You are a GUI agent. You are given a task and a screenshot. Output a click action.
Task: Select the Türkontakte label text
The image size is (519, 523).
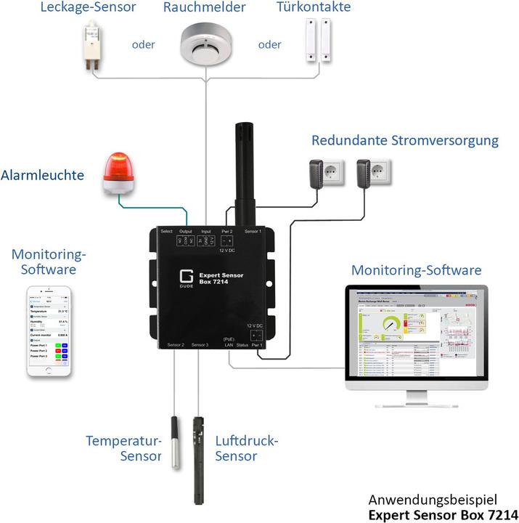pyautogui.click(x=314, y=8)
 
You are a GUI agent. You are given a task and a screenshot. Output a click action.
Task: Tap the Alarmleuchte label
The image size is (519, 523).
pyautogui.click(x=43, y=175)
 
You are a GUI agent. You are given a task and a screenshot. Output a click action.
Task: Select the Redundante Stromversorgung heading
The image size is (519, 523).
pyautogui.click(x=404, y=140)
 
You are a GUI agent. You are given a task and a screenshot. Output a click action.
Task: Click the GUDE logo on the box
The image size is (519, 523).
pyautogui.click(x=185, y=280)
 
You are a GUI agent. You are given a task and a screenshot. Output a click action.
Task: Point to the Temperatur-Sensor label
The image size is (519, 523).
pyautogui.click(x=123, y=448)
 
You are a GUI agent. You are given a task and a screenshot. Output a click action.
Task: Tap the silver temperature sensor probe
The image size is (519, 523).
pyautogui.click(x=174, y=443)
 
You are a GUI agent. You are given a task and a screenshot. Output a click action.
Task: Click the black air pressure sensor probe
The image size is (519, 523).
pyautogui.click(x=199, y=458)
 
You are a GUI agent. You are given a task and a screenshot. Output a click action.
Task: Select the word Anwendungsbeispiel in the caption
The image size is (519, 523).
pyautogui.click(x=422, y=500)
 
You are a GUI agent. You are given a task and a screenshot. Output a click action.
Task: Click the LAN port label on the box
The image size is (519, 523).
pyautogui.click(x=229, y=344)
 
